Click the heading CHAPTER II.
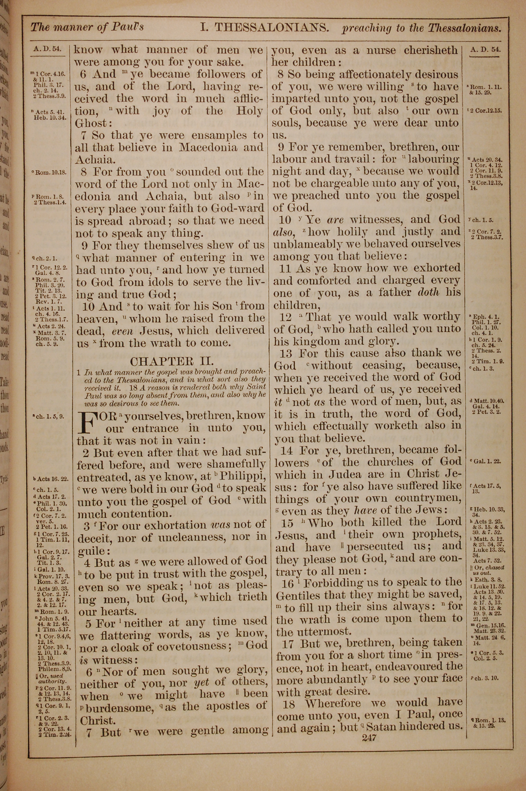click(x=171, y=361)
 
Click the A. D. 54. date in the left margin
click(x=48, y=49)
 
